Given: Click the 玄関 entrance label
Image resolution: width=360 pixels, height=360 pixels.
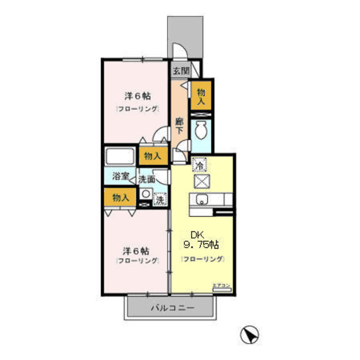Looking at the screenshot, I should (179, 71).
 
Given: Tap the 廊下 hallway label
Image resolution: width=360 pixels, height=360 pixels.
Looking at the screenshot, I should (179, 125).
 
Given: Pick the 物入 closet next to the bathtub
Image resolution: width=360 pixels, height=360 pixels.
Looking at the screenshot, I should (153, 155).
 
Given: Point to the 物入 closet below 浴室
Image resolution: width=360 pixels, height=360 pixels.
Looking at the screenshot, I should (120, 197).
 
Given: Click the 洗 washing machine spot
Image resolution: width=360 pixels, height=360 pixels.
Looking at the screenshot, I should (160, 198).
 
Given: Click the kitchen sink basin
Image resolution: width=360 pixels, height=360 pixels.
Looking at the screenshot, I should (201, 199).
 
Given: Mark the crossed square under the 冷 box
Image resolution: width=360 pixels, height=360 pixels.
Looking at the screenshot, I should (201, 181).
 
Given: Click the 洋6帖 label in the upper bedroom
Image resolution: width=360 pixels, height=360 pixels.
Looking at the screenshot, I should (137, 96).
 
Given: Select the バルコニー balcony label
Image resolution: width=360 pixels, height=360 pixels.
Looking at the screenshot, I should (172, 308).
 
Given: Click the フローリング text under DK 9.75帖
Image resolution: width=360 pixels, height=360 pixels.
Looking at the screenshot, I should (202, 259).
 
